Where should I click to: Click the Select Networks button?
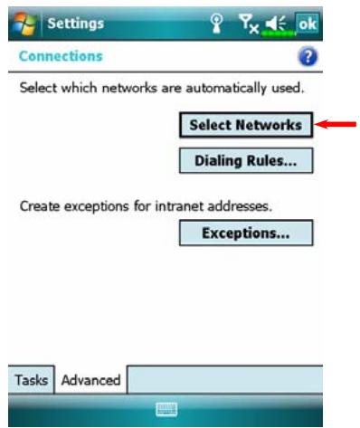[244, 125]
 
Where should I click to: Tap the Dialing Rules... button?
[244, 161]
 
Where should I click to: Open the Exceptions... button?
[244, 233]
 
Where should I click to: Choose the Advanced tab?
[90, 379]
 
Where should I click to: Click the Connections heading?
[61, 56]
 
